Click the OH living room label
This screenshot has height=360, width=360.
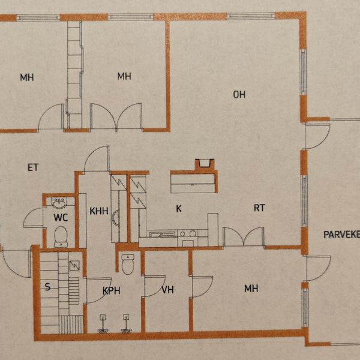239,95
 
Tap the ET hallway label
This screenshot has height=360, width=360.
33,167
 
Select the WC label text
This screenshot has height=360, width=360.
61,217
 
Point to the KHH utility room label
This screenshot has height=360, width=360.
99,211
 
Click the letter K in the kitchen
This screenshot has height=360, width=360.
179,208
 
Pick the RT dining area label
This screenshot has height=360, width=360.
259,208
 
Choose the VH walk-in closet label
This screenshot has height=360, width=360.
167,290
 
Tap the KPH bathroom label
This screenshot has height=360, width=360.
112,290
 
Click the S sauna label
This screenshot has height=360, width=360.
47,287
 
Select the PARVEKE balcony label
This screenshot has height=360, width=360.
341,235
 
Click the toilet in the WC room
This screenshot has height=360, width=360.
61,237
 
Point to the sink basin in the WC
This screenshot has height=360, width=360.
59,203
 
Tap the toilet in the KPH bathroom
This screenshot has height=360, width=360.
128,264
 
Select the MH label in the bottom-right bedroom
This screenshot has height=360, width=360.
251,289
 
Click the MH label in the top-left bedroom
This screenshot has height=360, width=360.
27,77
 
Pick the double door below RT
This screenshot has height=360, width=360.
244,237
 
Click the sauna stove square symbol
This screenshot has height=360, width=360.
74,265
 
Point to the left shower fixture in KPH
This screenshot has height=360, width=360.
103,324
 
